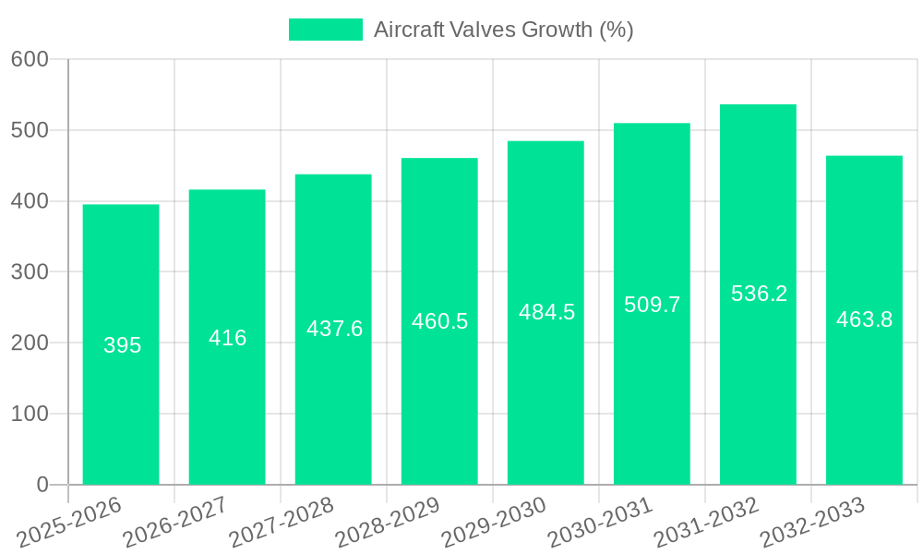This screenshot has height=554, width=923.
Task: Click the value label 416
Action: click(x=227, y=338)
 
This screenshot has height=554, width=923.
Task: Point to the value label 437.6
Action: click(x=334, y=329)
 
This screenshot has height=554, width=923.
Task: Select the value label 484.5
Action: click(x=546, y=312)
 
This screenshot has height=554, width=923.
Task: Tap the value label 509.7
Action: click(x=652, y=305)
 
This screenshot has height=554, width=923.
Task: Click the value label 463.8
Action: click(x=864, y=319)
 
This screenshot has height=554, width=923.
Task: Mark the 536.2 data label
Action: click(x=759, y=294)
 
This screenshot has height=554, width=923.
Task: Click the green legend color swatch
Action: click(x=326, y=30)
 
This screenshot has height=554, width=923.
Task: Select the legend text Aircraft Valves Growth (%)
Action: click(x=503, y=30)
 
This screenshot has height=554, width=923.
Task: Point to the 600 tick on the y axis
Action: click(x=30, y=59)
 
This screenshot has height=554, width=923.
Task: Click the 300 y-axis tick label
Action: click(x=30, y=272)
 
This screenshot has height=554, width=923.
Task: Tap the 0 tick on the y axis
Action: click(x=42, y=485)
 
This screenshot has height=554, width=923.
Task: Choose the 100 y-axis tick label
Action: click(x=30, y=414)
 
